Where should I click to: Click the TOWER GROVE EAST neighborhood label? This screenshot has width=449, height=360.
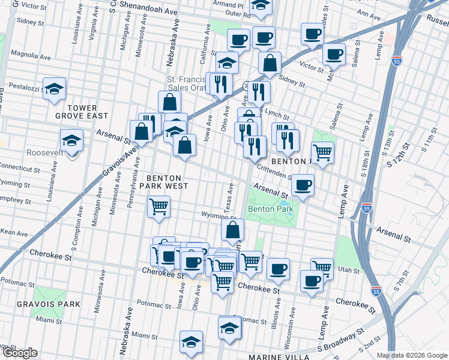87,112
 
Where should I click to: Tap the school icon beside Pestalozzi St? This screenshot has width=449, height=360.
54,90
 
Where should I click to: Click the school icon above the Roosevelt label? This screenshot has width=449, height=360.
71,140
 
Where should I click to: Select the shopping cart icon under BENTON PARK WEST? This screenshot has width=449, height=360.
159,207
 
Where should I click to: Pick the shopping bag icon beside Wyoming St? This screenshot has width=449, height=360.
232,229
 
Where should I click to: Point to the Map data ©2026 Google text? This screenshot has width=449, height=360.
411,355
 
